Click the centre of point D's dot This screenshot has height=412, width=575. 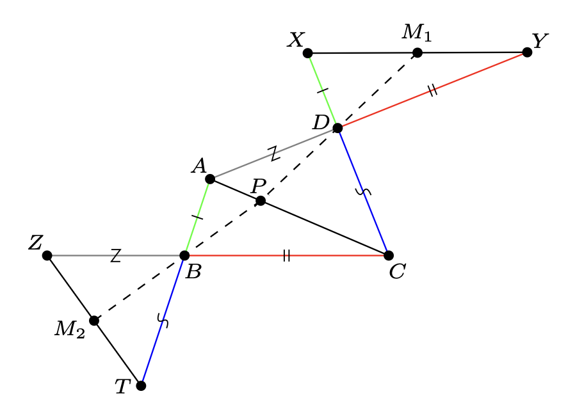(x=337, y=128)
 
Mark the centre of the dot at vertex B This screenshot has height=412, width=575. (x=184, y=255)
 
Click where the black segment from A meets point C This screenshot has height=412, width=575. (x=389, y=255)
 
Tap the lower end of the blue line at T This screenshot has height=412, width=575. (x=141, y=386)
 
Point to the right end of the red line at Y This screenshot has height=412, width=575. (x=527, y=52)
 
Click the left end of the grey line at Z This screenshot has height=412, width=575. (x=47, y=255)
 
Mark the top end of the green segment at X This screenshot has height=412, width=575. (x=307, y=53)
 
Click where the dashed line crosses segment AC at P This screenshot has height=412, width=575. (x=261, y=201)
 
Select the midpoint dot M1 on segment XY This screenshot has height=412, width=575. (x=417, y=53)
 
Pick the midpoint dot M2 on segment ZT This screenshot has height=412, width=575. (x=94, y=321)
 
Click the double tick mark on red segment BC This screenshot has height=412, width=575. (x=287, y=255)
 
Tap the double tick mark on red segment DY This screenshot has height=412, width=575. (x=433, y=90)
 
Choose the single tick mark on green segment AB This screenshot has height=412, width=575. (x=197, y=218)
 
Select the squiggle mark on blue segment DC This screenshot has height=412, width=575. (x=363, y=191)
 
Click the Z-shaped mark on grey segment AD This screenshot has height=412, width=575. (x=274, y=154)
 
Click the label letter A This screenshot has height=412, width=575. (x=199, y=166)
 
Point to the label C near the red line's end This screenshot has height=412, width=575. (x=398, y=272)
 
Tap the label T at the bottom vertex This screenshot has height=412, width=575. (x=123, y=386)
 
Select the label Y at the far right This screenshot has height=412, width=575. (x=540, y=41)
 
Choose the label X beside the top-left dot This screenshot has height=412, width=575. (x=296, y=40)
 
